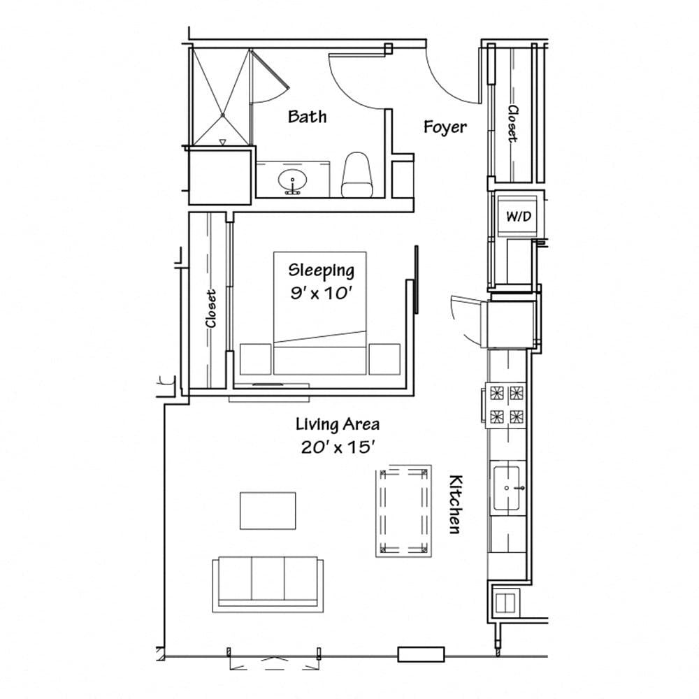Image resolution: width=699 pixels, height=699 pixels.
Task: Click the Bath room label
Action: (x=307, y=116)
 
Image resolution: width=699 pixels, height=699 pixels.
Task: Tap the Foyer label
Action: (x=445, y=127)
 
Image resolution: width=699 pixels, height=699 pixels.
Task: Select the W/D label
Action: (x=519, y=217)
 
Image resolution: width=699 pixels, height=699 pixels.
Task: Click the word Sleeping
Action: (x=321, y=270)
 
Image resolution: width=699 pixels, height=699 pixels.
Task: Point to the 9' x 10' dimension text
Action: (x=321, y=292)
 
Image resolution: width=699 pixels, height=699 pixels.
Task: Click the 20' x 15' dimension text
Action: (x=336, y=447)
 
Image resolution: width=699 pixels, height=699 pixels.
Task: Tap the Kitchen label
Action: (x=454, y=505)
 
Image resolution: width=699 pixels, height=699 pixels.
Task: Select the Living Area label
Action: (x=337, y=424)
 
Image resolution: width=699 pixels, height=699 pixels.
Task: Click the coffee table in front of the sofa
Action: (x=268, y=510)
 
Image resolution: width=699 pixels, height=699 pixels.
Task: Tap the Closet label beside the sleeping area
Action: (x=210, y=308)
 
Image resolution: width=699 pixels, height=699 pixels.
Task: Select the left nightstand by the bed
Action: (x=255, y=359)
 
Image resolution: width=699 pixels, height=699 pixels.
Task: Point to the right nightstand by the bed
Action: (x=384, y=359)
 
